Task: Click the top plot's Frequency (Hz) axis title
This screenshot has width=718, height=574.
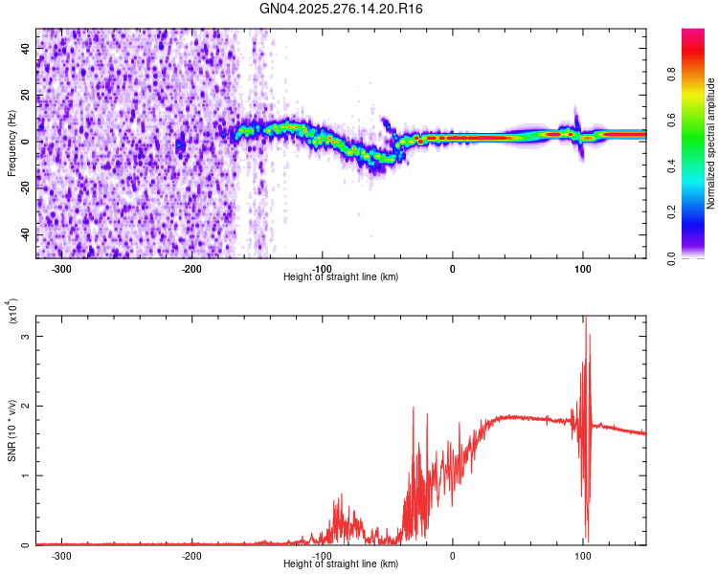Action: pos(11,143)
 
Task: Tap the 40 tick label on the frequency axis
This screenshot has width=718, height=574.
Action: pos(25,49)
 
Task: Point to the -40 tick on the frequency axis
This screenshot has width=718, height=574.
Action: pos(24,233)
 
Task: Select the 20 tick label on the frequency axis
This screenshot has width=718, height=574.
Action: pos(25,96)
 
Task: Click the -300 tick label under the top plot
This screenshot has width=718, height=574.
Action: pos(61,269)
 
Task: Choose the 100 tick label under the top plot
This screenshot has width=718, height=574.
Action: pos(582,269)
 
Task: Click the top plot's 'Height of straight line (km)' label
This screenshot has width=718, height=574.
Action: pos(341,277)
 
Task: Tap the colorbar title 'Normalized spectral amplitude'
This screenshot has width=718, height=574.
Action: pos(710,143)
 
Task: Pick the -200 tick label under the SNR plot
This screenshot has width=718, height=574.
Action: pos(191,556)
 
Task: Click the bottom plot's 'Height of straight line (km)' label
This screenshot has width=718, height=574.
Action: pos(341,564)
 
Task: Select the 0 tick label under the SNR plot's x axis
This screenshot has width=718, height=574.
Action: pos(453,556)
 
